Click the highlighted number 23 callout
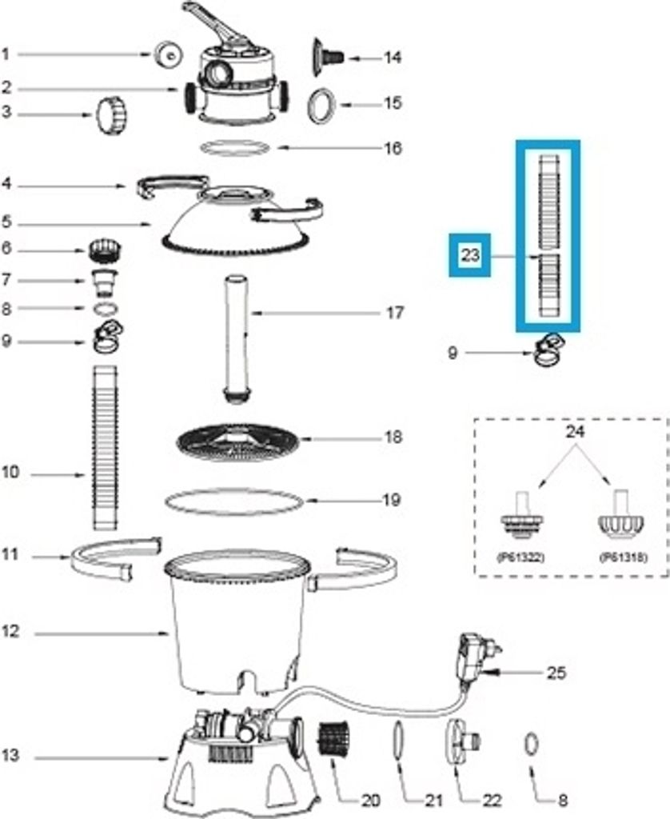469,255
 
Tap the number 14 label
392,58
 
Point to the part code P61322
522,557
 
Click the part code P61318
623,557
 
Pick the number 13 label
9,756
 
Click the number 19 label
392,501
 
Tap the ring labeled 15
321,104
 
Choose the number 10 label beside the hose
10,473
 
